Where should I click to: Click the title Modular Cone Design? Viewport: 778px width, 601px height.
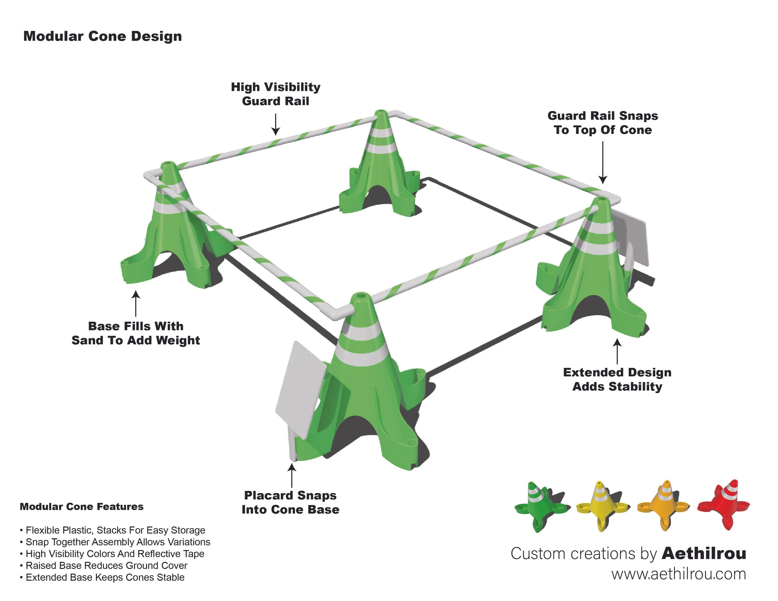pos(103,36)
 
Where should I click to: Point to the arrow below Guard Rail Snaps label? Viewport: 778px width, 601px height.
pos(602,162)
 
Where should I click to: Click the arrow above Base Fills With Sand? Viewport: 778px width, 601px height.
pos(136,304)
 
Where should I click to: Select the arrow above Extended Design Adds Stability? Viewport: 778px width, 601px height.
pos(617,352)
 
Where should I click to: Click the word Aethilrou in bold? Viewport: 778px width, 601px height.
pos(704,554)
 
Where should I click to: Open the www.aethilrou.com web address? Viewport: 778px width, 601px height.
pos(679,574)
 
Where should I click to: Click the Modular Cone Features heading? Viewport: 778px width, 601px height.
pos(82,507)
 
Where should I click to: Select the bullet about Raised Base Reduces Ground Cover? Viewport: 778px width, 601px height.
pos(106,566)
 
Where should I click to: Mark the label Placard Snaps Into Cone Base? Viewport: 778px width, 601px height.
pos(290,502)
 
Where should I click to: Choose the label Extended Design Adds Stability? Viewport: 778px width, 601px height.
pos(617,379)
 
